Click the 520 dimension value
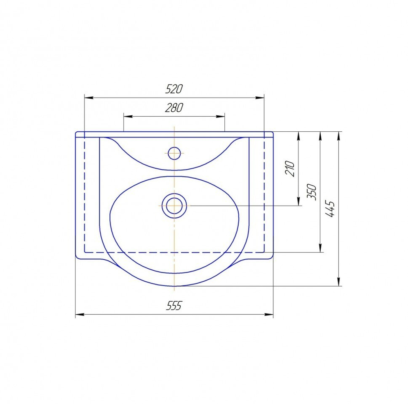[174, 89]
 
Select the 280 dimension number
[174, 108]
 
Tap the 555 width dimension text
[174, 306]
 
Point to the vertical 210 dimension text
[290, 169]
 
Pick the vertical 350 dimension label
[312, 192]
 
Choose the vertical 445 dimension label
[330, 209]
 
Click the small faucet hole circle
[174, 153]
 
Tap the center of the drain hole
[174, 205]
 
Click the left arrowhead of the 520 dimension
[89, 98]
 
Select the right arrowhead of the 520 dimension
[259, 98]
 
